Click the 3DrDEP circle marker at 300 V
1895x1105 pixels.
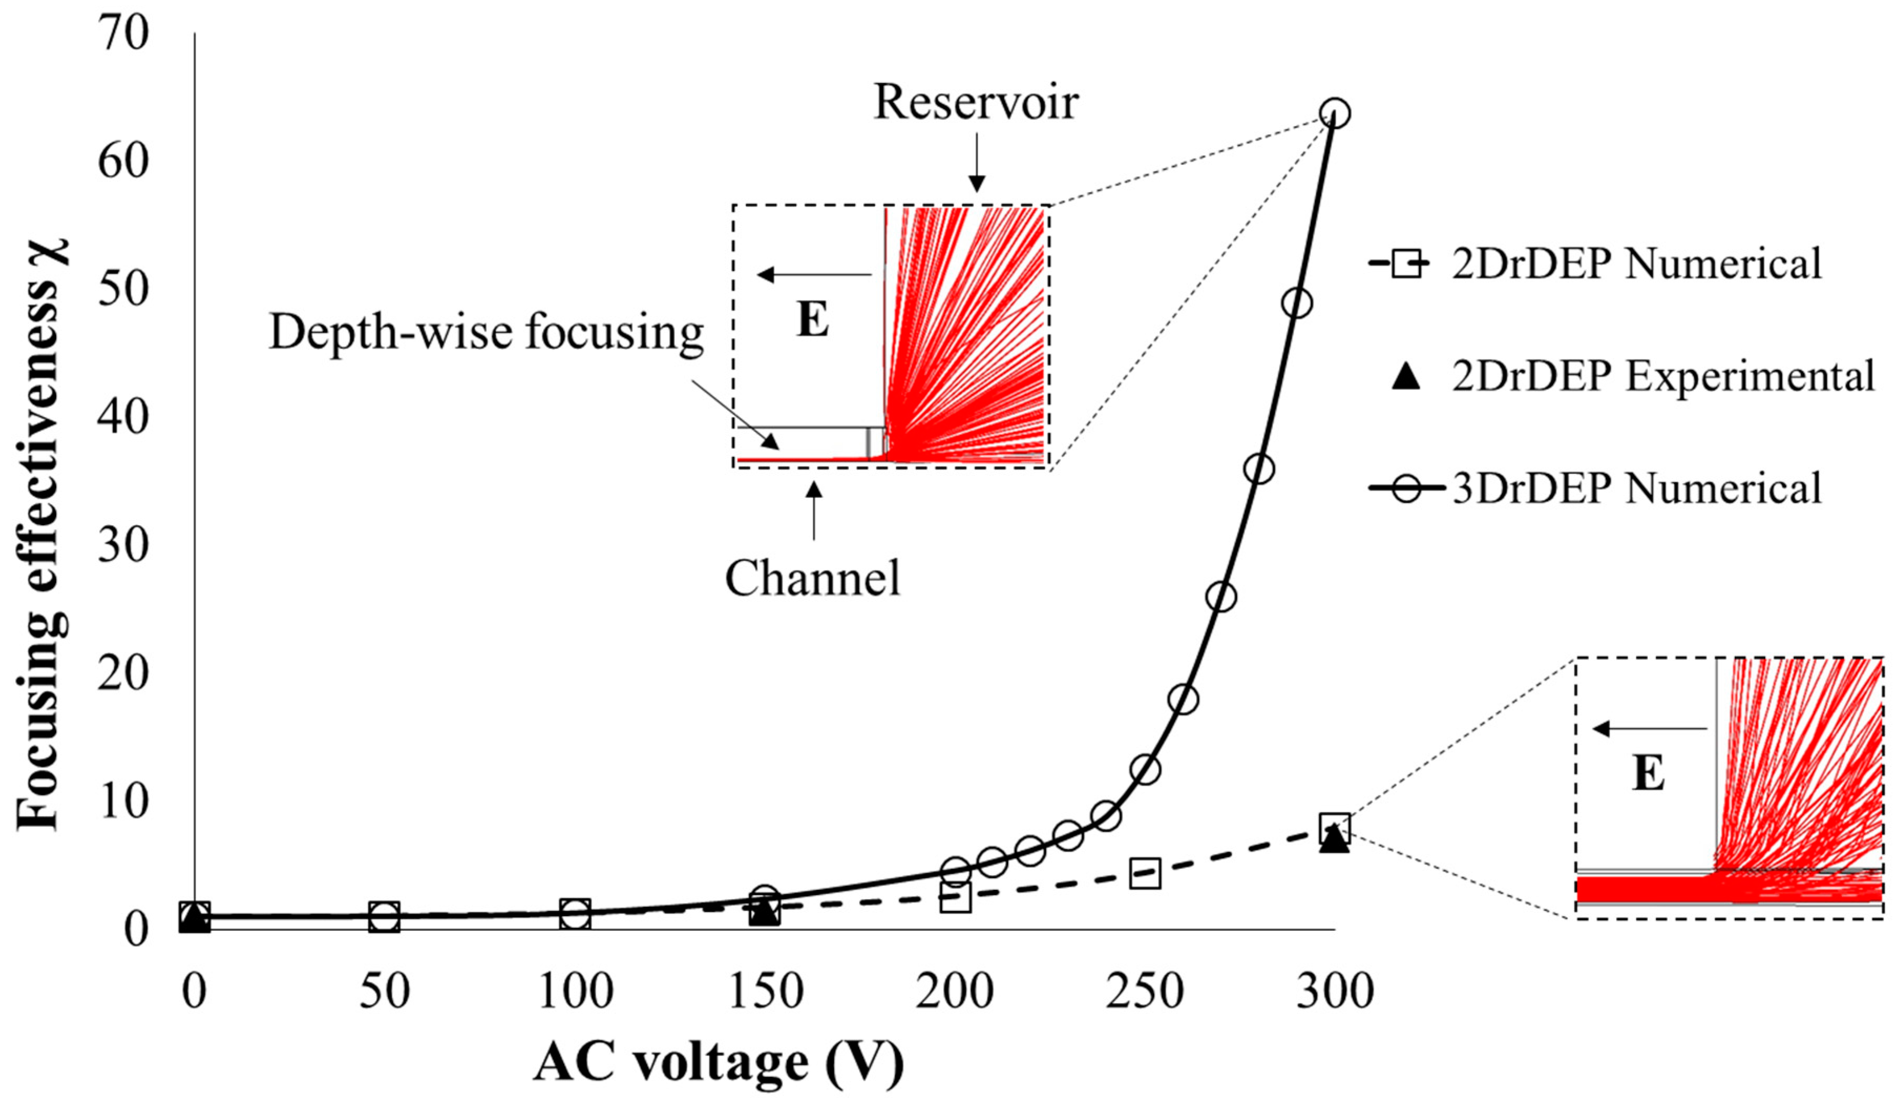pos(1335,113)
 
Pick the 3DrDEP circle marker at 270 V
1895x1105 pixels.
pos(1221,597)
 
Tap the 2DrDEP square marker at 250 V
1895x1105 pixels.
pos(1145,874)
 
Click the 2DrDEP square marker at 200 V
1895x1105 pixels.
pos(955,898)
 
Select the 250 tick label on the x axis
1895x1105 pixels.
pos(1145,992)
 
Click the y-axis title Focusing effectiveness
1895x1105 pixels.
pos(41,534)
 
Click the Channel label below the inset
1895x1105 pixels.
pos(812,579)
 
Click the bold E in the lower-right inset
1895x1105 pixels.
pos(1648,773)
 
